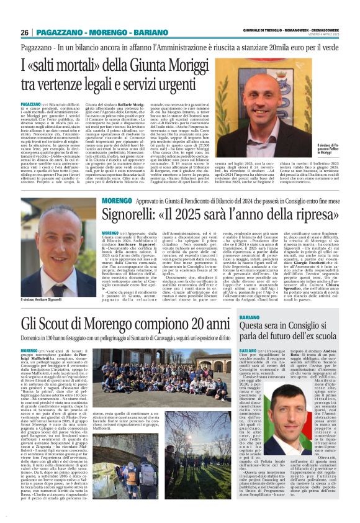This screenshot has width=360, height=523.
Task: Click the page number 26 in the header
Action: point(25,32)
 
